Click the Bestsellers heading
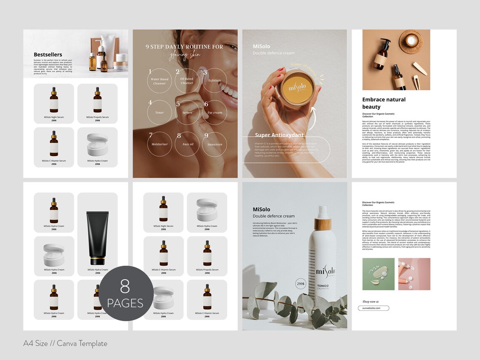48,54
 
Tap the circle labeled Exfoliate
214,80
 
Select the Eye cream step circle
214,112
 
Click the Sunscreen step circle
214,144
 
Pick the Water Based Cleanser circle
160,80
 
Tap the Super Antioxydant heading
279,135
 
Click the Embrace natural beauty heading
384,103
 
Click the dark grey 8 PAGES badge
125,293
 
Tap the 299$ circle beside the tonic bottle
301,284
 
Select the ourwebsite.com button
373,308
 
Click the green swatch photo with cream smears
379,274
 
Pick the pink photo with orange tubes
414,274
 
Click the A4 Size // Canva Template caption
65,344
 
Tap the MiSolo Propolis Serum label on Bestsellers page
97,117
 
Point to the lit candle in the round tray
411,41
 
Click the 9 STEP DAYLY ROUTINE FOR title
184,47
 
